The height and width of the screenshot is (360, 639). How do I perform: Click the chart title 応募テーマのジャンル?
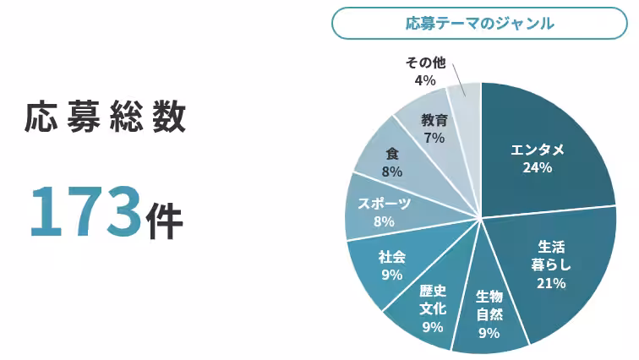coord(479,24)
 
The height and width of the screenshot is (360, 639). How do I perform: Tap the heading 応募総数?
coord(106,118)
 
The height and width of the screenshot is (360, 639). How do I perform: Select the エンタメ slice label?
coord(538,150)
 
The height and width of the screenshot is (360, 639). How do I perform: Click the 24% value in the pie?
coord(538,168)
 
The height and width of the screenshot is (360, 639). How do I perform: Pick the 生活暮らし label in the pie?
coord(551,255)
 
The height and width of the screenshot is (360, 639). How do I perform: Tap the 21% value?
coord(551,283)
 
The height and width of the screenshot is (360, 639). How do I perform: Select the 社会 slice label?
coord(391,256)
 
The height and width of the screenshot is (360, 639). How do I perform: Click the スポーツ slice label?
coord(384,204)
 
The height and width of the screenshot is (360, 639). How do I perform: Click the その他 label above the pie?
coord(425,63)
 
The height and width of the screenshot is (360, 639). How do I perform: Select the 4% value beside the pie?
coord(425,80)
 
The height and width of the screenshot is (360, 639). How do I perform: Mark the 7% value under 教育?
coord(434,138)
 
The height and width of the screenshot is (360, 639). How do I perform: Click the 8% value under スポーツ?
coord(384,221)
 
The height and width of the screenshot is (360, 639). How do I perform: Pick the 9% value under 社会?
coord(391,274)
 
